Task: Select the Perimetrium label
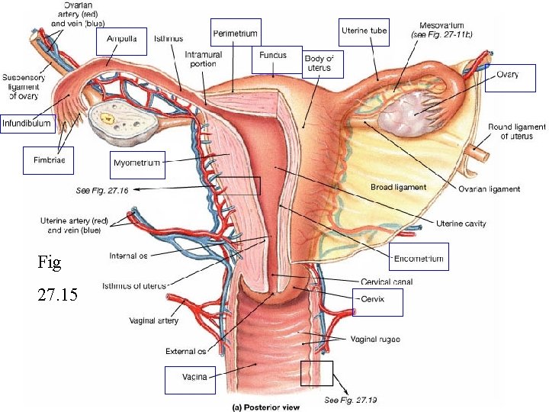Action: point(236,34)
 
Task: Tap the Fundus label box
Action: point(273,56)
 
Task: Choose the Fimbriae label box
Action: point(49,160)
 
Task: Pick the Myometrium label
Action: point(136,163)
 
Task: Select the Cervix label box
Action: point(377,301)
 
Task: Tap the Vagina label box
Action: point(190,379)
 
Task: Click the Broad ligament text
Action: point(398,187)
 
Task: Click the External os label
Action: point(186,352)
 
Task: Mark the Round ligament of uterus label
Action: point(517,131)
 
